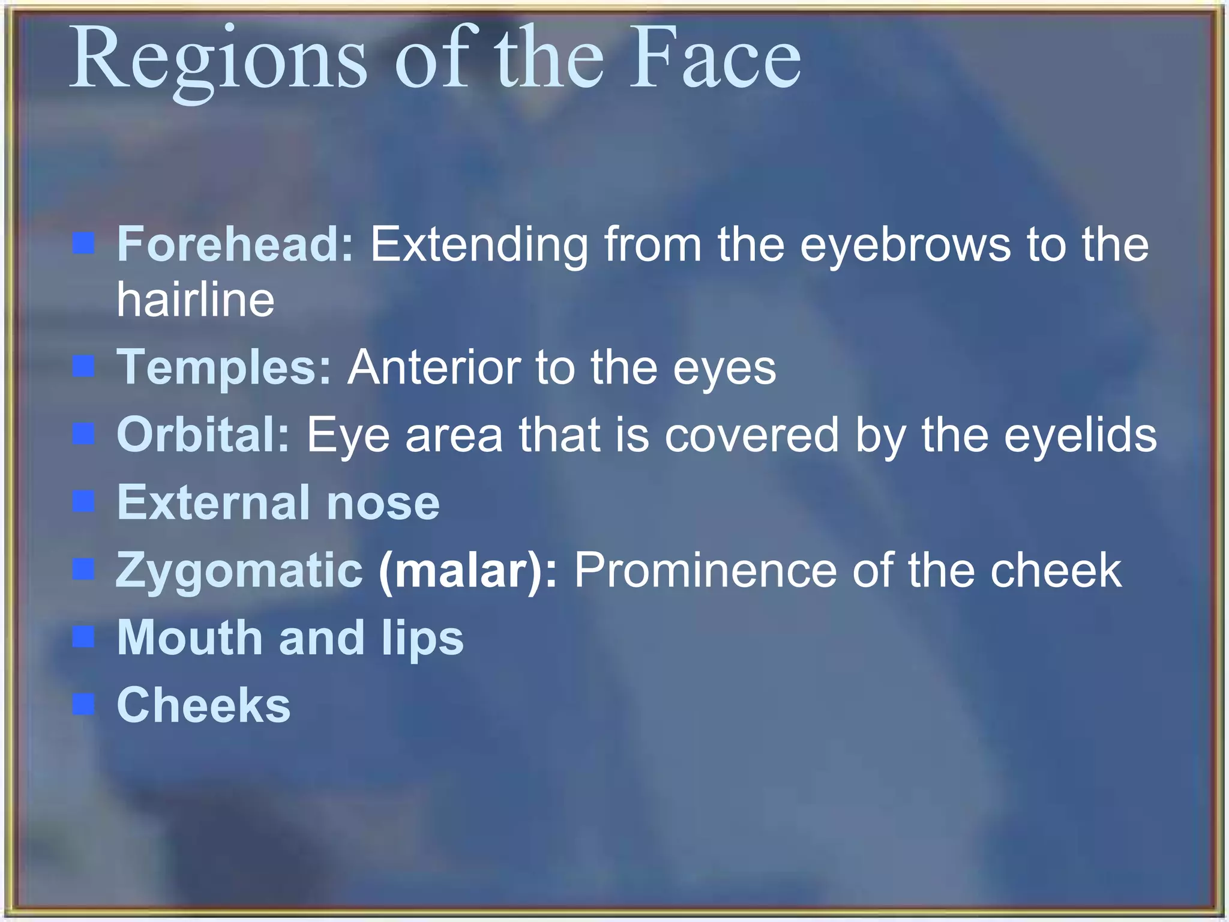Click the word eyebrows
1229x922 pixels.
tap(906, 245)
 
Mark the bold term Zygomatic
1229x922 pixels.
tap(239, 570)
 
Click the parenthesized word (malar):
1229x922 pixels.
tap(468, 570)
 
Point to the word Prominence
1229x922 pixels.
tap(705, 570)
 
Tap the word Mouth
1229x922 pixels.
tap(190, 637)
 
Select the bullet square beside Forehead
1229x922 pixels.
tap(84, 244)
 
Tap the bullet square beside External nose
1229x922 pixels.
tap(84, 501)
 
